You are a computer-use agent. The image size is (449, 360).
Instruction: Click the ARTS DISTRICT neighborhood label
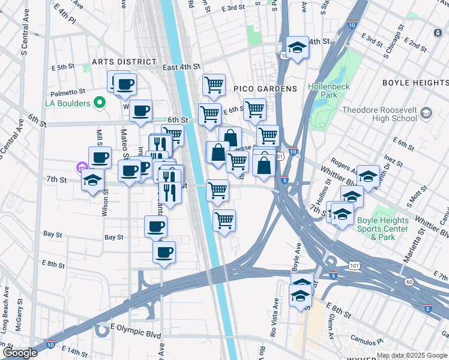coord(124,62)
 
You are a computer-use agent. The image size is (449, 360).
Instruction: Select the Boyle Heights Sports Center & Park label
coord(382,229)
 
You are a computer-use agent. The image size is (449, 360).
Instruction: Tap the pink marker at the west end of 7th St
coord(82,167)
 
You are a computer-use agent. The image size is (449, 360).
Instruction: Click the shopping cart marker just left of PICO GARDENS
coord(214,86)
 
